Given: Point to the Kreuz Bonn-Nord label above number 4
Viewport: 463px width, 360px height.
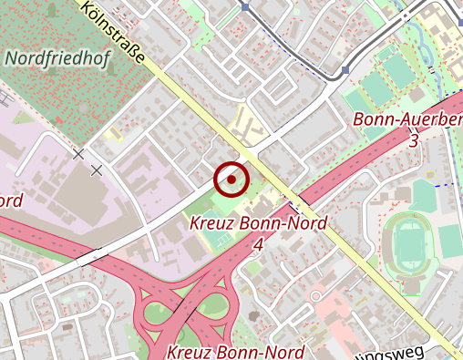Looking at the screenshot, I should tap(259, 223).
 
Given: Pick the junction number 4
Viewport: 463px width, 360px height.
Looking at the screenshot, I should tap(259, 244).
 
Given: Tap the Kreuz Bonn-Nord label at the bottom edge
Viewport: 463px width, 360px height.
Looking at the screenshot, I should tap(235, 352).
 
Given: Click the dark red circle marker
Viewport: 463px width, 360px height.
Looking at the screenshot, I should tap(231, 180).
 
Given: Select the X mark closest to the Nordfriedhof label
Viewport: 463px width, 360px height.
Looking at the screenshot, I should tap(79, 155).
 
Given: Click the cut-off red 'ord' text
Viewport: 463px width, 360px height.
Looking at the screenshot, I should tap(11, 201).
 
